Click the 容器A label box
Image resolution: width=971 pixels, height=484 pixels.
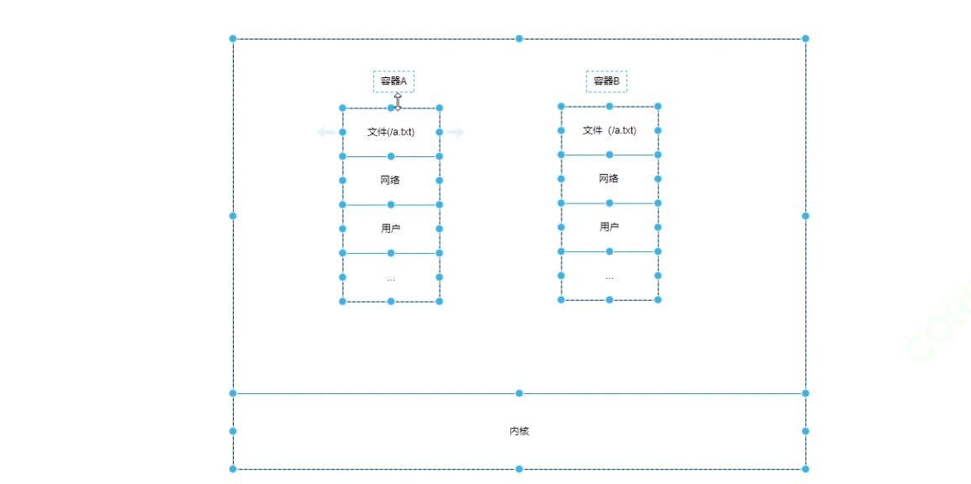pos(393,82)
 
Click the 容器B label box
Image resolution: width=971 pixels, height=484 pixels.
pos(606,82)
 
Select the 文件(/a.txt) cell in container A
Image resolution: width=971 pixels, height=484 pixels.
pos(391,132)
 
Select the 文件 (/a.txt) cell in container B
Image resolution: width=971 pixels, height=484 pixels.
pos(610,130)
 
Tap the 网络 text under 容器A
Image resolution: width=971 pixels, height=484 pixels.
pos(391,180)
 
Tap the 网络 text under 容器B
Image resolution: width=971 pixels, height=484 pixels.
pos(610,178)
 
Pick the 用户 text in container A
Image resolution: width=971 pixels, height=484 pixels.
pos(391,229)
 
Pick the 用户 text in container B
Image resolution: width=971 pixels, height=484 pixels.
pos(610,227)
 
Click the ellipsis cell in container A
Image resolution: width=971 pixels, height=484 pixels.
pos(391,277)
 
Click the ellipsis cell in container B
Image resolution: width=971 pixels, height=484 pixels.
pos(610,276)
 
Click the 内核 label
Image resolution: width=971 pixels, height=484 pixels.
pos(519,431)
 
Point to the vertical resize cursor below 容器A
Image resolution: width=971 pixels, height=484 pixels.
pos(398,101)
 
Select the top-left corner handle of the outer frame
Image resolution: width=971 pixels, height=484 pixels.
pos(233,39)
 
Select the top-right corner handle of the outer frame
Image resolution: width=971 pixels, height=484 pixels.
pos(805,39)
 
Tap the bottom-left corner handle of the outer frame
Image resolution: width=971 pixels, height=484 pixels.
pos(233,469)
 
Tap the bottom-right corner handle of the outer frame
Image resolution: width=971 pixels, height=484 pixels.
pos(805,469)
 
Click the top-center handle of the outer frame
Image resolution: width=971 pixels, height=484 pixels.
pos(519,39)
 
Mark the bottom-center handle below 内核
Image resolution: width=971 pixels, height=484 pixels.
pos(519,469)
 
